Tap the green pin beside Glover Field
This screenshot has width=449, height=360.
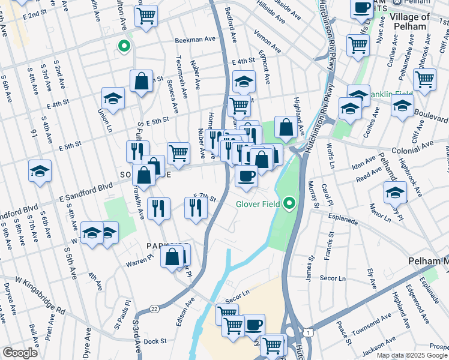pyautogui.click(x=291, y=204)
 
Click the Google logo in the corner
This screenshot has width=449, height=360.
pyautogui.click(x=20, y=353)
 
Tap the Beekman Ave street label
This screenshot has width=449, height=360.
pyautogui.click(x=195, y=40)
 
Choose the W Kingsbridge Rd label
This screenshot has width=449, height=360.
pyautogui.click(x=40, y=295)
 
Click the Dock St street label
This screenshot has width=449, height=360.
pyautogui.click(x=155, y=341)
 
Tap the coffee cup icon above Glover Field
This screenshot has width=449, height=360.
pyautogui.click(x=247, y=176)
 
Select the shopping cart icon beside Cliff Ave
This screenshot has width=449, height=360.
pyautogui.click(x=424, y=79)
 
